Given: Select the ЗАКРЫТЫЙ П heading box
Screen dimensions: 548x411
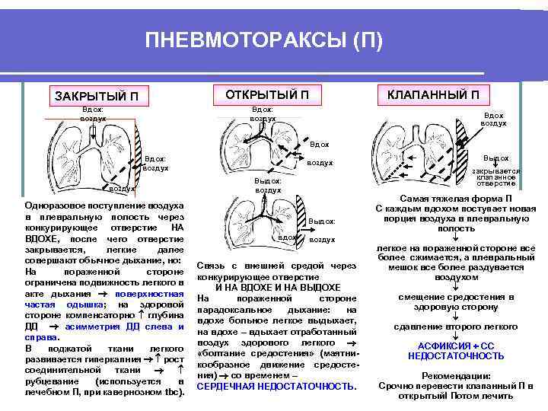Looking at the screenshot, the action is (x=97, y=96).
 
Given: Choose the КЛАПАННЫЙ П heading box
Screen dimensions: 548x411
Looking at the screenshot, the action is (x=433, y=94).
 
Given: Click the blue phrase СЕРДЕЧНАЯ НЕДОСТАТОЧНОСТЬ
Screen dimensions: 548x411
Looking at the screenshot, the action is (x=276, y=387).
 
